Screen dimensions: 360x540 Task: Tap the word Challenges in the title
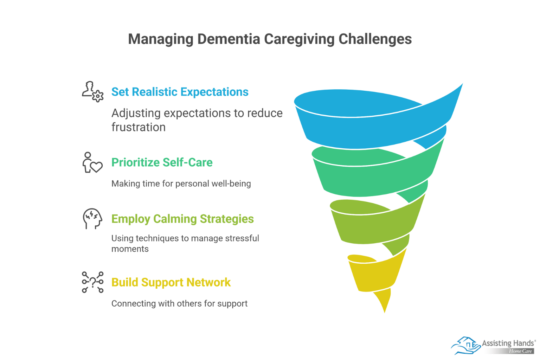click(375, 39)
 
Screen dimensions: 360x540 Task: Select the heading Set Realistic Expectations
click(180, 92)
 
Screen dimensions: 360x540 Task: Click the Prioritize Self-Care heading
click(162, 162)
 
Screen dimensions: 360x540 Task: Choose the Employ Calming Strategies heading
click(182, 219)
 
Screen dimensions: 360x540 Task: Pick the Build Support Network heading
click(171, 282)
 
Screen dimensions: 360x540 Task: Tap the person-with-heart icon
click(92, 162)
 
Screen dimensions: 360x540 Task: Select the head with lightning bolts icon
click(92, 218)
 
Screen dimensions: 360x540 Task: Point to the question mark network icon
click(92, 282)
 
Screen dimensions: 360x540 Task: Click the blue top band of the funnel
click(373, 130)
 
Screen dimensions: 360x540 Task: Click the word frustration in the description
click(139, 127)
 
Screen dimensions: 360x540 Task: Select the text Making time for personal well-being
click(181, 184)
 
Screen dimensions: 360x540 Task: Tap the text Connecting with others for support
click(179, 303)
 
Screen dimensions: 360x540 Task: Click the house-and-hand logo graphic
click(465, 345)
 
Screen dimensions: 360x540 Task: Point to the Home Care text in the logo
click(520, 351)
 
